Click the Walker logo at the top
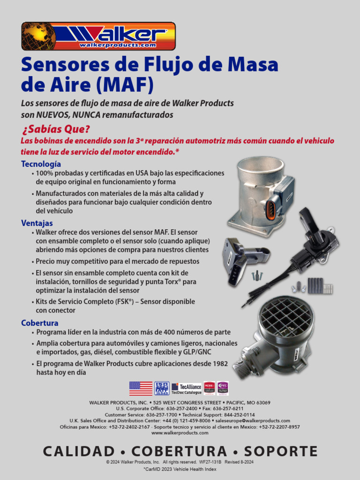[x=98, y=36]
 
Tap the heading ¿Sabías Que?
[x=55, y=129]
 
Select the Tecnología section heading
[x=41, y=164]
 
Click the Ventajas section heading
[x=37, y=223]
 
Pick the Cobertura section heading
[x=40, y=323]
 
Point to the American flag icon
[x=141, y=388]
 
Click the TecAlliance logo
[x=186, y=388]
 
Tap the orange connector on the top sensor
[x=270, y=210]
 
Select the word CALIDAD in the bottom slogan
[x=79, y=451]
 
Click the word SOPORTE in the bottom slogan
[x=280, y=451]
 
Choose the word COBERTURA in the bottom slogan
[x=179, y=451]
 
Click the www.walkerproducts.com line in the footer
[x=180, y=433]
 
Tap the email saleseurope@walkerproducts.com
[x=253, y=421]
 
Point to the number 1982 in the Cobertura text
[x=218, y=363]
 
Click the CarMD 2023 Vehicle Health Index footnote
[x=180, y=469]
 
